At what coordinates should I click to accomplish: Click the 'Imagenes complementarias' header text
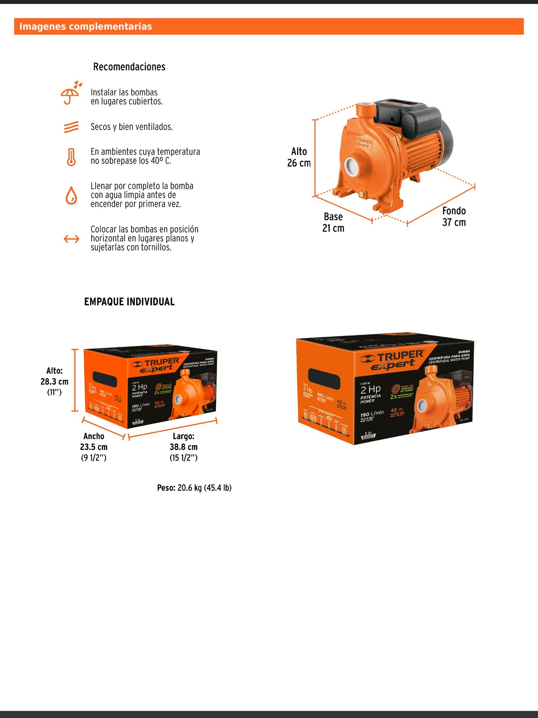pyautogui.click(x=86, y=26)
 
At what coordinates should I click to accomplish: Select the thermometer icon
pyautogui.click(x=71, y=156)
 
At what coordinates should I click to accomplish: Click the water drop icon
pyautogui.click(x=71, y=195)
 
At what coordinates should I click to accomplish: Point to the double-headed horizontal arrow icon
pyautogui.click(x=71, y=238)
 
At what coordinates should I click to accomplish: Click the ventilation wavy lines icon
pyautogui.click(x=71, y=127)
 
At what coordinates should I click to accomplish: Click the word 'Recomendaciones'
pyautogui.click(x=129, y=67)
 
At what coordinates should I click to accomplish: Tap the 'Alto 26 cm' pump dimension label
pyautogui.click(x=299, y=157)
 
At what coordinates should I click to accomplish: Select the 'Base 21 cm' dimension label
pyautogui.click(x=333, y=222)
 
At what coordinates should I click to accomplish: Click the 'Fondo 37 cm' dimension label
pyautogui.click(x=454, y=216)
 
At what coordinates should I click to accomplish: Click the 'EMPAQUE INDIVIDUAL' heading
pyautogui.click(x=129, y=301)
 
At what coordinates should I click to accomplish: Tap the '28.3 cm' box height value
pyautogui.click(x=54, y=382)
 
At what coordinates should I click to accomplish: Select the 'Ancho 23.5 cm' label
pyautogui.click(x=94, y=442)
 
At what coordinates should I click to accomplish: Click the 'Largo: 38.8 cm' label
pyautogui.click(x=184, y=442)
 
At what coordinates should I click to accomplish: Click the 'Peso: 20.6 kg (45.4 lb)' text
pyautogui.click(x=194, y=488)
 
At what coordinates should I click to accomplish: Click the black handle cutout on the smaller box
pyautogui.click(x=105, y=379)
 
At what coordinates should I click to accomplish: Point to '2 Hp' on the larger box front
pyautogui.click(x=370, y=390)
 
